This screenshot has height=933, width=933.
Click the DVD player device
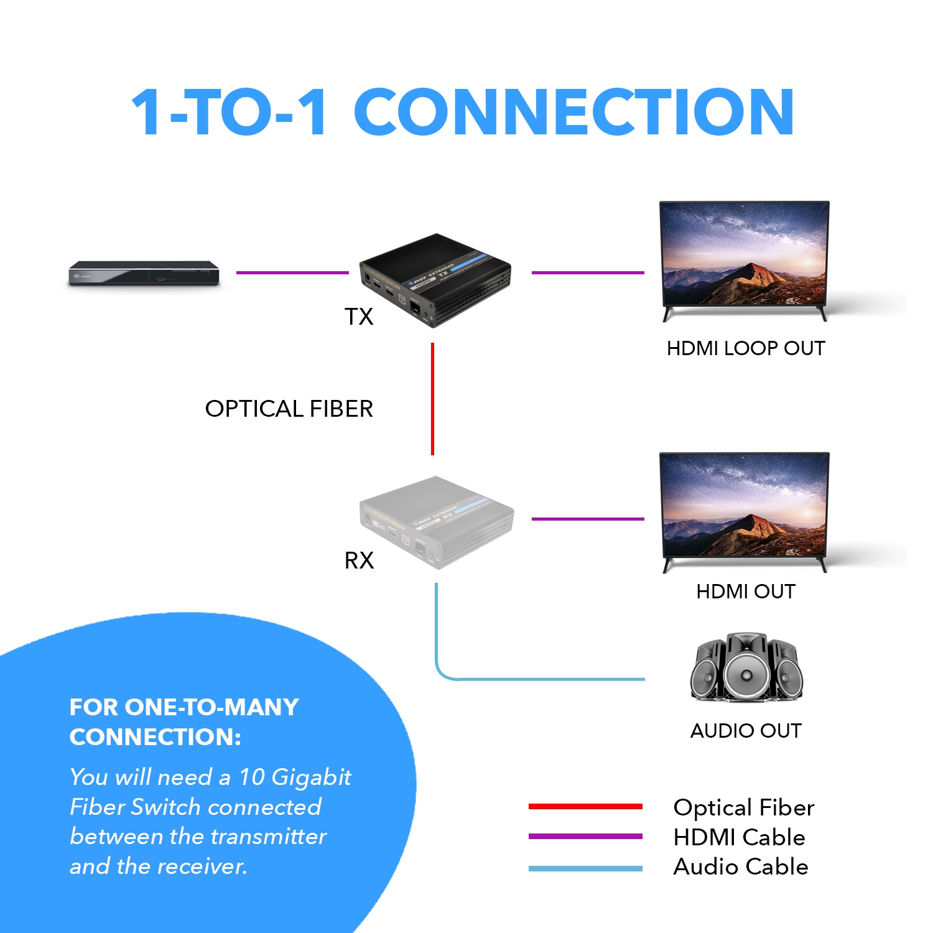pyautogui.click(x=144, y=273)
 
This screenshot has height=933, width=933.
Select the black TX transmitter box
pyautogui.click(x=435, y=280)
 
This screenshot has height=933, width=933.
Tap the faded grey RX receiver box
pyautogui.click(x=437, y=522)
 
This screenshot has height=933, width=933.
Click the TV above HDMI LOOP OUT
pyautogui.click(x=745, y=258)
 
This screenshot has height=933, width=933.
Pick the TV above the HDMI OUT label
pyautogui.click(x=745, y=509)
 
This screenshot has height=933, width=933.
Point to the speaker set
pyautogui.click(x=746, y=668)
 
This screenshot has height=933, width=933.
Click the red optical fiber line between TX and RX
pyautogui.click(x=432, y=399)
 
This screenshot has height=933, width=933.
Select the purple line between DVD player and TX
pyautogui.click(x=292, y=272)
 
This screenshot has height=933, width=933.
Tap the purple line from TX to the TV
pyautogui.click(x=587, y=272)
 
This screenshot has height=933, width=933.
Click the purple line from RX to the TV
pyautogui.click(x=587, y=519)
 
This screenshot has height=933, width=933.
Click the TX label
pyautogui.click(x=359, y=317)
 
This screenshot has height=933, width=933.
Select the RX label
pyautogui.click(x=359, y=560)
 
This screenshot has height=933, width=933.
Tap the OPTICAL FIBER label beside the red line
pyautogui.click(x=289, y=409)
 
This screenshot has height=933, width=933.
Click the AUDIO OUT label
pyautogui.click(x=746, y=730)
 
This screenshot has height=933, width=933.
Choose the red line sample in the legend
pyautogui.click(x=585, y=807)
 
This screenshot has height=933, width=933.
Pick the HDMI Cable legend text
pyautogui.click(x=739, y=837)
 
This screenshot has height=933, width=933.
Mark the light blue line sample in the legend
pyautogui.click(x=585, y=868)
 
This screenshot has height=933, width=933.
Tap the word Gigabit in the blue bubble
pyautogui.click(x=311, y=777)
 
